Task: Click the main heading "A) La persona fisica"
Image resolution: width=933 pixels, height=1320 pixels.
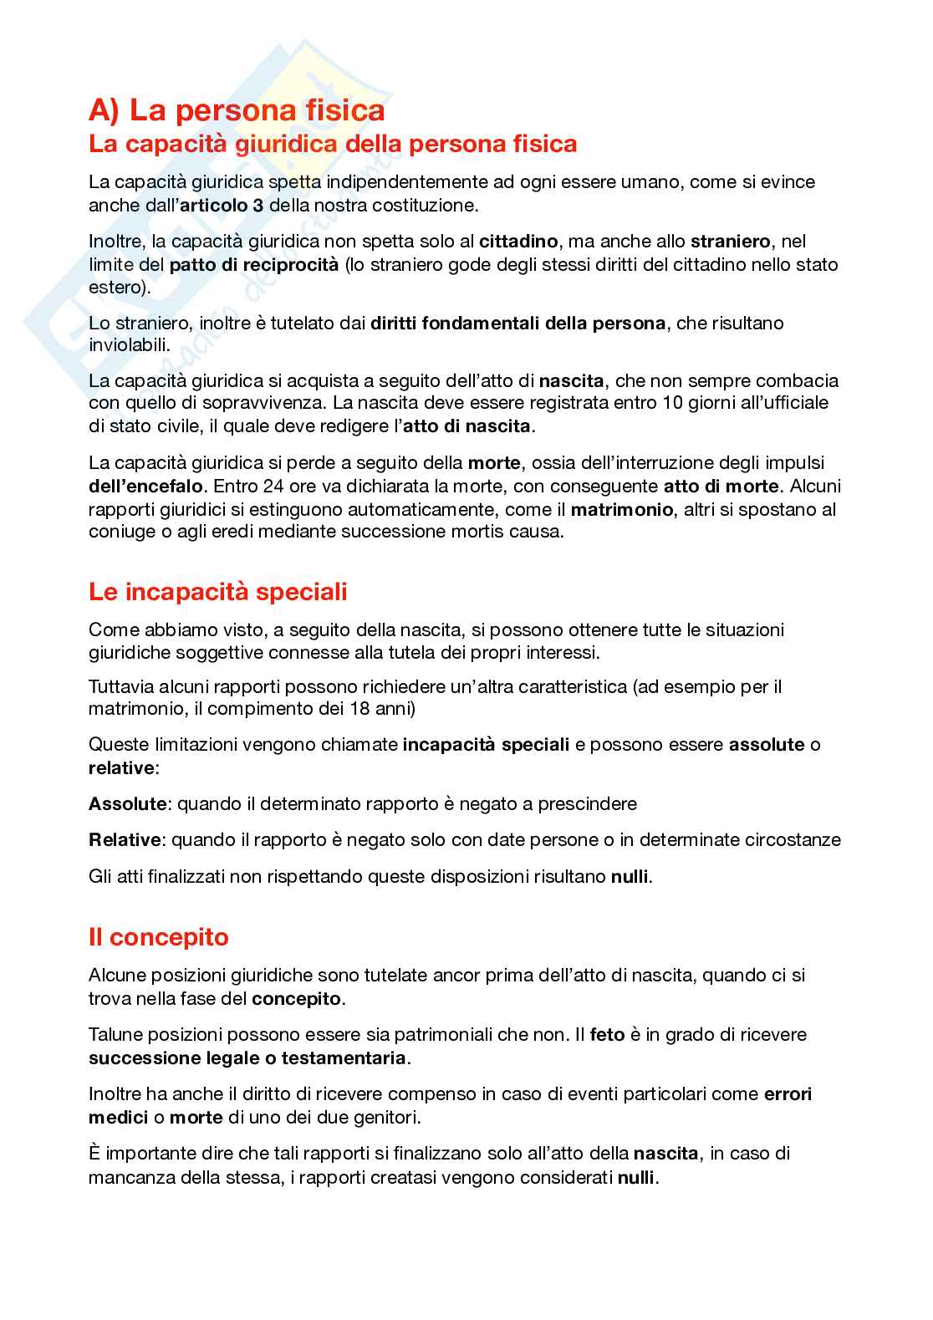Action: click(237, 110)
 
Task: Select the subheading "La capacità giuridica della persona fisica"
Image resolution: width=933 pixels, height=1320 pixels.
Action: click(333, 145)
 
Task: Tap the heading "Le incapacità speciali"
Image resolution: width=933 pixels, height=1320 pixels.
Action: click(217, 592)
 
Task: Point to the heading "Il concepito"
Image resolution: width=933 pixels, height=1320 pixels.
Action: click(158, 937)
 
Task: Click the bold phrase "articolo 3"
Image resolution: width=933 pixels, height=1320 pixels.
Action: click(222, 205)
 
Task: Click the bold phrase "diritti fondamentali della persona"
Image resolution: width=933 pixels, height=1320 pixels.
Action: click(518, 323)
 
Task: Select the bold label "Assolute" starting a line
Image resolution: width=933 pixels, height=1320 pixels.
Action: click(127, 804)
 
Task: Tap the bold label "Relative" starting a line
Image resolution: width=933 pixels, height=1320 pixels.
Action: click(125, 840)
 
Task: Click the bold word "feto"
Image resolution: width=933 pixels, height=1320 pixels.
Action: click(607, 1034)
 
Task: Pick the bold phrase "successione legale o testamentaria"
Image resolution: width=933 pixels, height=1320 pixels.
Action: click(247, 1058)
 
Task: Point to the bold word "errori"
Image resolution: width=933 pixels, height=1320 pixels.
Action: click(788, 1093)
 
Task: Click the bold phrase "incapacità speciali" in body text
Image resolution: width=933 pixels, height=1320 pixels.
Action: click(486, 744)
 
